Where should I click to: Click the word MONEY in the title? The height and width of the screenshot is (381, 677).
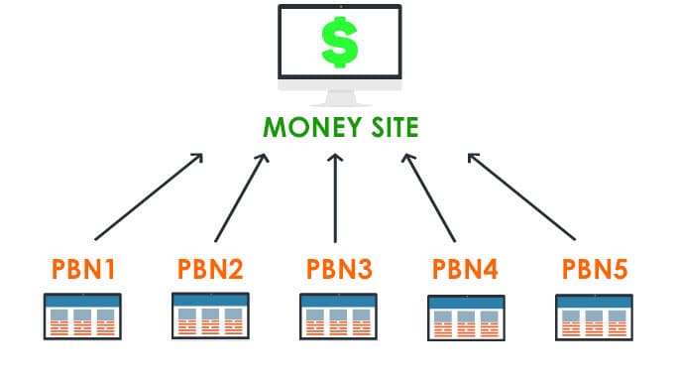[303, 128]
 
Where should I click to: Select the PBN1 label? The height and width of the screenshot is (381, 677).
[83, 268]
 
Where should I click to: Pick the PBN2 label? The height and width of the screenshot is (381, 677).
[209, 268]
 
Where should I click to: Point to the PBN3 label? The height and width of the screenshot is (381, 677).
[337, 268]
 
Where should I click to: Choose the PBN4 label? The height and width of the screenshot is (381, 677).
[466, 268]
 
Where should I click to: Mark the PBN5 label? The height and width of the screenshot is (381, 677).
[594, 268]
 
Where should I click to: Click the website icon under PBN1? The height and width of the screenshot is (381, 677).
[83, 316]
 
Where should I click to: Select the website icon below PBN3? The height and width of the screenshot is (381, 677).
[336, 316]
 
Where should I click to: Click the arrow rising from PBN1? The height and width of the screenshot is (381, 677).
[149, 195]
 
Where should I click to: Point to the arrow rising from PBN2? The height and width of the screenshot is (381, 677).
[240, 195]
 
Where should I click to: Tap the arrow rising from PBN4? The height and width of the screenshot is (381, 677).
[428, 195]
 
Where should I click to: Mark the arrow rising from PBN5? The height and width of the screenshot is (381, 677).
[520, 195]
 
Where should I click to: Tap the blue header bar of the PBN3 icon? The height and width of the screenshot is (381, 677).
[336, 298]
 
